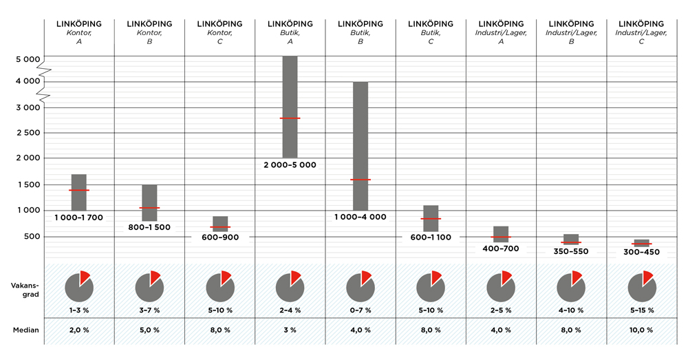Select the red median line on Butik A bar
point(290,118)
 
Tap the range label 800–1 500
point(149,227)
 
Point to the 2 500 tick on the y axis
point(28,133)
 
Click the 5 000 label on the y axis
point(28,59)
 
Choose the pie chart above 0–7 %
point(360,287)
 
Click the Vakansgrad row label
point(25,289)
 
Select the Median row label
point(26,330)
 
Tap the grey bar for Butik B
point(360,146)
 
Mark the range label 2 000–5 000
point(290,165)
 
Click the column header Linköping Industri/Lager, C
point(641,32)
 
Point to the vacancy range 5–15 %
point(641,310)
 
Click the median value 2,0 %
point(79,330)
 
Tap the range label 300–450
point(641,252)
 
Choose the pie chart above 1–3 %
point(79,287)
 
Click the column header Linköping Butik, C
point(430,32)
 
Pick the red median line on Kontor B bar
point(149,208)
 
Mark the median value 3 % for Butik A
point(290,330)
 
